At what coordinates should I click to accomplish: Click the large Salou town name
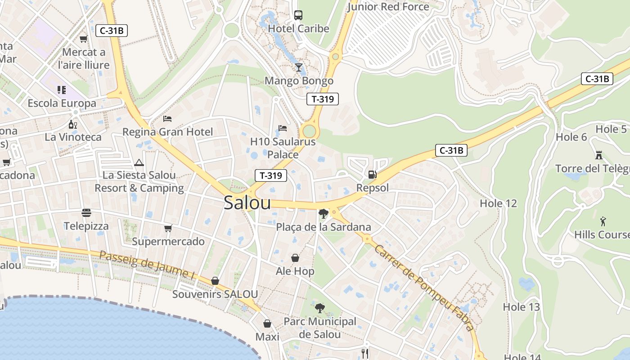(x=247, y=203)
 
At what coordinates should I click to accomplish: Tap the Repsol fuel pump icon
(x=372, y=174)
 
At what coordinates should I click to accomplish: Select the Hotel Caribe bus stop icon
(x=298, y=15)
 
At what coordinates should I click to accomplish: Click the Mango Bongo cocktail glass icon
(x=298, y=67)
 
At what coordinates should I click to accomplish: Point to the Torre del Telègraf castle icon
(x=599, y=155)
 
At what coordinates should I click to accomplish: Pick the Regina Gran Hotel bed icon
(x=167, y=119)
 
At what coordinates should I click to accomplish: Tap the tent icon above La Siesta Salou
(x=139, y=162)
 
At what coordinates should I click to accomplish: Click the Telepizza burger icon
(x=86, y=212)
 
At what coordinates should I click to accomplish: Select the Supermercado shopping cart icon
(x=168, y=228)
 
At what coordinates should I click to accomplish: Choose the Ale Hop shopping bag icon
(x=295, y=258)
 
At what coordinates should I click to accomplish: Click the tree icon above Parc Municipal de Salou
(x=320, y=308)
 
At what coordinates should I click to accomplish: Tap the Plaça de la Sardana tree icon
(x=323, y=213)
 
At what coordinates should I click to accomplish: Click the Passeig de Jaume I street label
(x=147, y=265)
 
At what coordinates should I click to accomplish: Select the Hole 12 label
(x=498, y=203)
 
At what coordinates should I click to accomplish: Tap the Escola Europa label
(x=62, y=103)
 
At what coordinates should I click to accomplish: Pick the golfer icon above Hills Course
(x=603, y=221)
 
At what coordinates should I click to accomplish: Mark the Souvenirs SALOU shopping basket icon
(x=215, y=281)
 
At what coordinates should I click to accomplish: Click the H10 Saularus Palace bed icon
(x=283, y=128)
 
